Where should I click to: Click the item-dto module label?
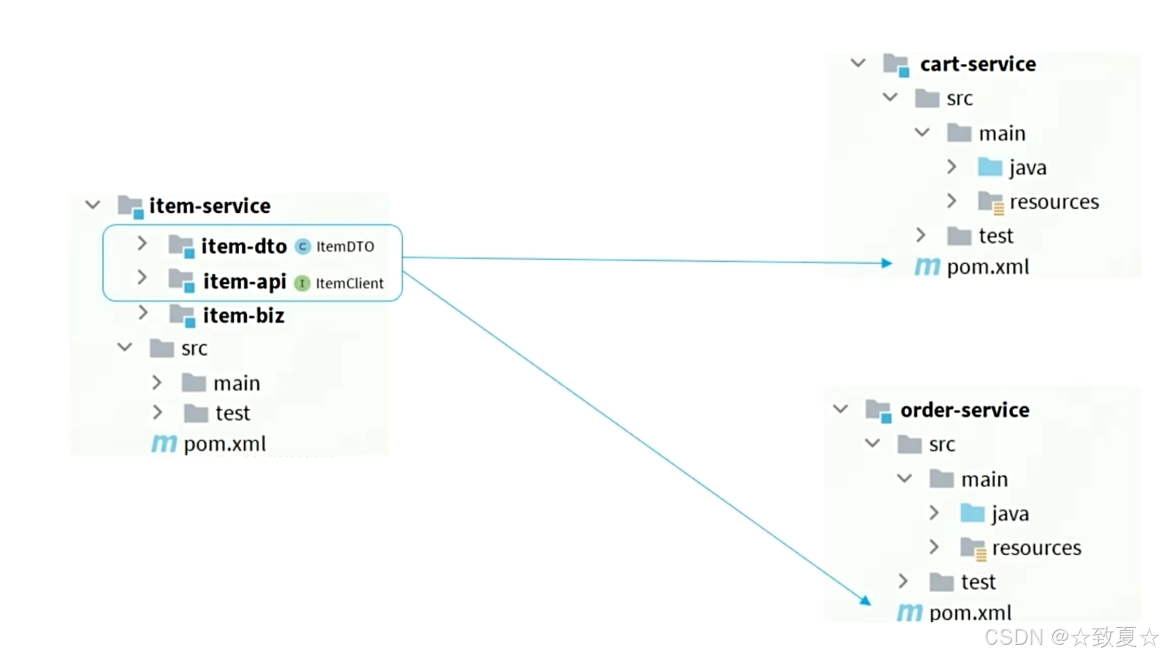[x=244, y=246]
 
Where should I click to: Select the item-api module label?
[x=244, y=282]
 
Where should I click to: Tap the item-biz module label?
[x=244, y=316]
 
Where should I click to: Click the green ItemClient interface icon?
[x=302, y=283]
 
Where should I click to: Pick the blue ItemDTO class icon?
[x=303, y=246]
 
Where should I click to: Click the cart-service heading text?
[x=977, y=64]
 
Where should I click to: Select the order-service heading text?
[x=964, y=411]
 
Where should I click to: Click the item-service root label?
[x=210, y=206]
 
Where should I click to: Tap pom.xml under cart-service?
[x=987, y=267]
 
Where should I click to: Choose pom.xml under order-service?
[x=970, y=613]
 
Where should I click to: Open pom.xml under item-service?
[x=225, y=444]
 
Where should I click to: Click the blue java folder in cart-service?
[x=990, y=167]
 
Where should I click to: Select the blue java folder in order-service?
[x=973, y=514]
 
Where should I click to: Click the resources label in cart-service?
[x=1054, y=202]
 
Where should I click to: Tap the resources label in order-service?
[x=1036, y=548]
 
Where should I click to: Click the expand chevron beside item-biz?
[x=143, y=313]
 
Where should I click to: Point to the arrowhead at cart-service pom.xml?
[x=887, y=263]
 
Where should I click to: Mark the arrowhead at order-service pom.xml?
[x=865, y=601]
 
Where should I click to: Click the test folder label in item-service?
[x=232, y=414]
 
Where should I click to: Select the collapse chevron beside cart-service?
[x=858, y=63]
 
